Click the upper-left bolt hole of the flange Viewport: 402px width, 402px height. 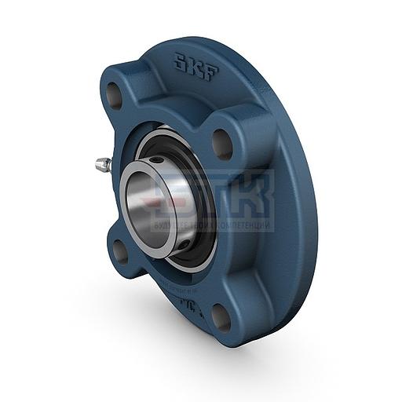(115, 97)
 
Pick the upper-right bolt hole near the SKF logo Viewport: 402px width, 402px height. (222, 144)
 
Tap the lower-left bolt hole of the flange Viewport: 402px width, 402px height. (120, 250)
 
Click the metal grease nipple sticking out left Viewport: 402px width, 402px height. (103, 166)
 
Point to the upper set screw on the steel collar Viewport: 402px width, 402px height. (158, 161)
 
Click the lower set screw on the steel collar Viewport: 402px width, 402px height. (182, 245)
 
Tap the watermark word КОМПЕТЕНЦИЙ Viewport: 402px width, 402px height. (244, 226)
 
